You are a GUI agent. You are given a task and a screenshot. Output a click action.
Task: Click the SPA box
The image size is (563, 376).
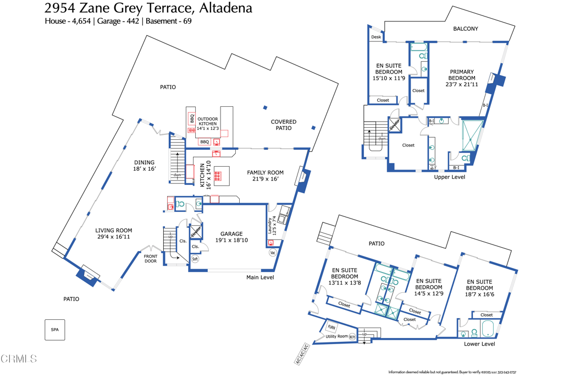54,329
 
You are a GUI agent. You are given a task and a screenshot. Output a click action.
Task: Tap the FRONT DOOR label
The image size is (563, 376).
151,258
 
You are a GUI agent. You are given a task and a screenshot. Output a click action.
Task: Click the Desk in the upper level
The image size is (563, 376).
376,37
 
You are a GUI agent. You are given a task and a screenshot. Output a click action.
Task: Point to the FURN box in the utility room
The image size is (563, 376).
332,327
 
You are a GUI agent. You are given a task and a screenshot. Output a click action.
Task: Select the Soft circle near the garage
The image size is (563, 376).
195,259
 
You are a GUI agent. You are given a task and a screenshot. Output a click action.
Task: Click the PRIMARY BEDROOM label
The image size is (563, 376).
462,78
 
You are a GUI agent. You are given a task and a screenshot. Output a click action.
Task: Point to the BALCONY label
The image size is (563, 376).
465,29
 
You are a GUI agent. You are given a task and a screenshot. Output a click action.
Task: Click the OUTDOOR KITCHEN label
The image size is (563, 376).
208,123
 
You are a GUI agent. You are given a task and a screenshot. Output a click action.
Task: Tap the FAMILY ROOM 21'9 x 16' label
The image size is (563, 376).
263,176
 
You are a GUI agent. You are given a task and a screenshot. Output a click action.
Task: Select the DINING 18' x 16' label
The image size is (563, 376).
145,165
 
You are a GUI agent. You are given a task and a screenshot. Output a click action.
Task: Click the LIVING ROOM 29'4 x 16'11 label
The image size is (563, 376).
113,234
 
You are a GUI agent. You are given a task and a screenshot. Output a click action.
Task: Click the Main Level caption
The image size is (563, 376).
260,277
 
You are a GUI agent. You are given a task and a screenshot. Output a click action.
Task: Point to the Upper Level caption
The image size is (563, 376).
450,177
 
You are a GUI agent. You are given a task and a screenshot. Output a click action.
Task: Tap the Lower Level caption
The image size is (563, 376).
479,344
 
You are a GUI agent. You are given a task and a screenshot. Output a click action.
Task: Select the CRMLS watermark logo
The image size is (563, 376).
19,359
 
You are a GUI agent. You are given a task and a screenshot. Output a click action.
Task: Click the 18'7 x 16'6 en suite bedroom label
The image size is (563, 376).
479,287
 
